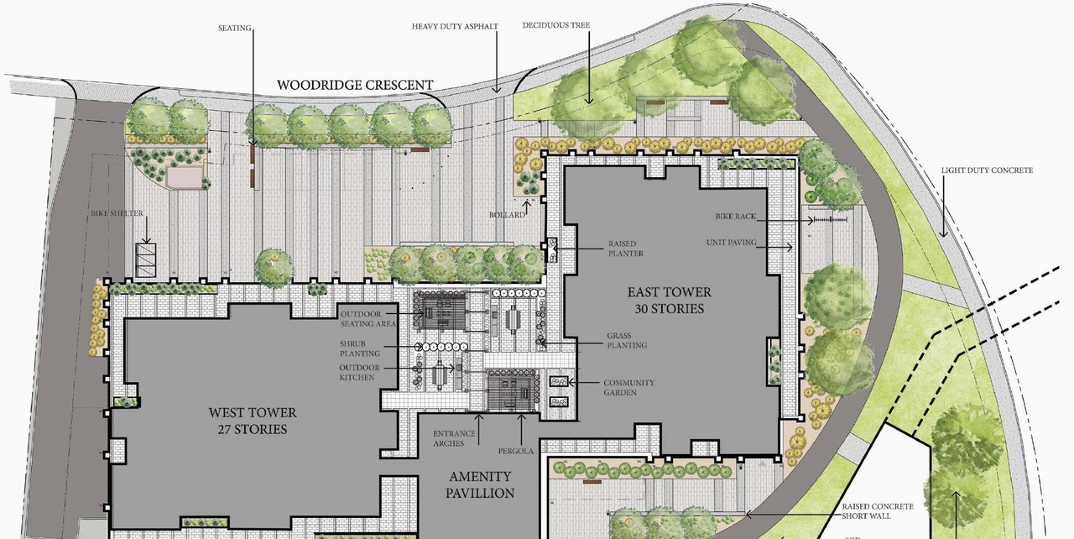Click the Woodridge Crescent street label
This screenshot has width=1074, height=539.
pyautogui.click(x=355, y=85)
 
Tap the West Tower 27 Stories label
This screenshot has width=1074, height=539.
pyautogui.click(x=253, y=421)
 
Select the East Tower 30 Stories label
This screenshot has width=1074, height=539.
pyautogui.click(x=670, y=300)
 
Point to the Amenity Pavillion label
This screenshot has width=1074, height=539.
pyautogui.click(x=480, y=484)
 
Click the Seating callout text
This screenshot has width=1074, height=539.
pyautogui.click(x=235, y=28)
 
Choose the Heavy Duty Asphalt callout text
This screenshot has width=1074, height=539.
pyautogui.click(x=455, y=26)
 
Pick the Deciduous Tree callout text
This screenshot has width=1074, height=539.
pyautogui.click(x=555, y=25)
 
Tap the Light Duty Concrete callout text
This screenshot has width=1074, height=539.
pyautogui.click(x=987, y=170)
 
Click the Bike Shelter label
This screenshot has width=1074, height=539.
pyautogui.click(x=117, y=213)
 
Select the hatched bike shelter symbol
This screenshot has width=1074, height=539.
pyautogui.click(x=146, y=260)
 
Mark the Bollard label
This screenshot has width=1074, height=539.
pyautogui.click(x=508, y=215)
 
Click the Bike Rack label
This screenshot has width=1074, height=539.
pyautogui.click(x=736, y=217)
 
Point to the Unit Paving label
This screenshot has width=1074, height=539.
pyautogui.click(x=732, y=243)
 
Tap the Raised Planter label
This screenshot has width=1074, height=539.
pyautogui.click(x=626, y=249)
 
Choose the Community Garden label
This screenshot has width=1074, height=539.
pyautogui.click(x=628, y=388)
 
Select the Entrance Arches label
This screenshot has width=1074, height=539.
pyautogui.click(x=454, y=437)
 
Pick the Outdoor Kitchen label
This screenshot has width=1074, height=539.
pyautogui.click(x=359, y=373)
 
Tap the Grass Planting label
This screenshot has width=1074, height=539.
pyautogui.click(x=627, y=340)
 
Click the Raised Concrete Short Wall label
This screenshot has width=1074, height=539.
pyautogui.click(x=878, y=511)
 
